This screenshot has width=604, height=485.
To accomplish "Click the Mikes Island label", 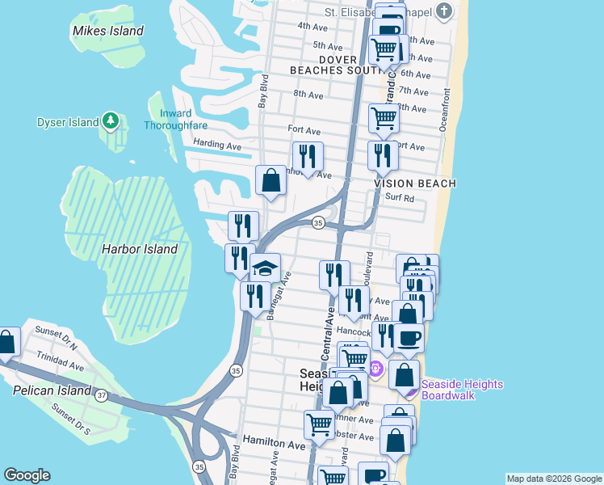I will click(107, 31).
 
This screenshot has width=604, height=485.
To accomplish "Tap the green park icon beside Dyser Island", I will click(111, 122).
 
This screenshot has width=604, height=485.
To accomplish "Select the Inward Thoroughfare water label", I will click(175, 119).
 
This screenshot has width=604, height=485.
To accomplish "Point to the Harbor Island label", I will click(139, 249).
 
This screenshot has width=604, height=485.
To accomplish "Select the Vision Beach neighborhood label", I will click(415, 183).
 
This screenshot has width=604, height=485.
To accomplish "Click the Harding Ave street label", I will click(217, 145).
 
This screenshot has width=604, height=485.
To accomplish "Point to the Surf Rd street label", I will click(398, 197).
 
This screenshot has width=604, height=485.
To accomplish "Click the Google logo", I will click(27, 475).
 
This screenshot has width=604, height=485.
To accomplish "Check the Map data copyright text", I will click(553, 479).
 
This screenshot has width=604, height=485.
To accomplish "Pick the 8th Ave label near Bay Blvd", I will click(308, 95).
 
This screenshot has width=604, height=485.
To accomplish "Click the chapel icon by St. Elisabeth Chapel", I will click(444, 11).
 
